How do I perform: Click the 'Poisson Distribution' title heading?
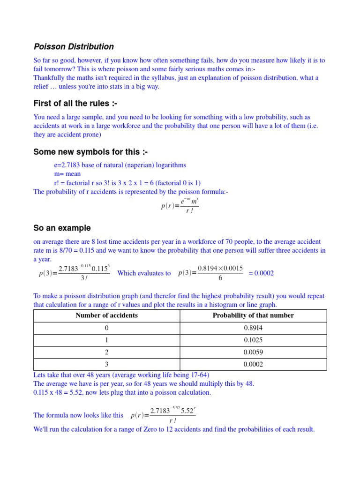[x=74, y=46]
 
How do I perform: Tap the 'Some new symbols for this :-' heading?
[x=87, y=152]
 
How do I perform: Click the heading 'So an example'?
[x=62, y=228]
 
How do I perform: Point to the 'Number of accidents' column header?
[x=106, y=315]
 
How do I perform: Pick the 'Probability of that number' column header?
[x=253, y=315]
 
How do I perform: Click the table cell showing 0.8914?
[x=253, y=328]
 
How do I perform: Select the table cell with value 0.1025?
[x=253, y=340]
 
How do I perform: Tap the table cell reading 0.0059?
[x=253, y=352]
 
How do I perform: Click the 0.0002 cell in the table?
[x=253, y=364]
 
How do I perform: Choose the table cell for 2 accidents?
[x=106, y=352]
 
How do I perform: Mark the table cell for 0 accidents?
[x=106, y=328]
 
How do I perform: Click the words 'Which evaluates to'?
[x=144, y=273]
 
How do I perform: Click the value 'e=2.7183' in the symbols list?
[x=67, y=165]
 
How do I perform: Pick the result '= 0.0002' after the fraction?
[x=261, y=273]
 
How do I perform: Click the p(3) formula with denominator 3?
[x=75, y=273]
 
